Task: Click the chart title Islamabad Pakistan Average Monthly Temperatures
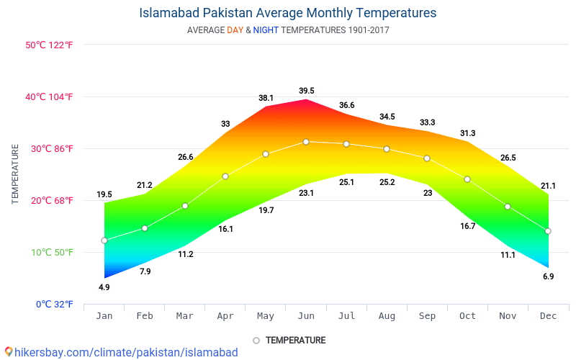(x=288, y=13)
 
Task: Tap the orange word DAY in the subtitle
(x=235, y=30)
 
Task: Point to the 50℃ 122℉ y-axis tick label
(x=50, y=45)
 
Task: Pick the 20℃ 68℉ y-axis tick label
(x=50, y=200)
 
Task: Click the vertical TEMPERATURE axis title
(x=15, y=174)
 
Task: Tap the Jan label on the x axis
(x=104, y=316)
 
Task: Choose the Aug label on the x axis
(x=387, y=316)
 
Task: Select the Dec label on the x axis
(x=548, y=316)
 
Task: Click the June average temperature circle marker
(x=306, y=142)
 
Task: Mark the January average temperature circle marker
(x=104, y=240)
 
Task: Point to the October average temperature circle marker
(x=467, y=179)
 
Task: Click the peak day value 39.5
(x=307, y=91)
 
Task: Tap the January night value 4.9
(x=104, y=287)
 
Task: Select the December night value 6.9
(x=548, y=276)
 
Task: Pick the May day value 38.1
(x=266, y=98)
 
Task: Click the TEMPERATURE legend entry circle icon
(x=256, y=341)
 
